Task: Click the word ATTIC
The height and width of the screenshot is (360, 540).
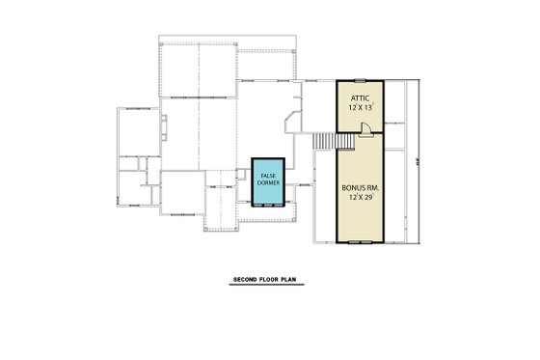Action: (360, 97)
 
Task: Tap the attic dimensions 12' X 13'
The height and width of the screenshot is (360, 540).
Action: (360, 108)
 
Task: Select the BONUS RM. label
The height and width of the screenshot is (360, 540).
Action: (360, 187)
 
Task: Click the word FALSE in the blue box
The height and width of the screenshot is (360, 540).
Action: (267, 175)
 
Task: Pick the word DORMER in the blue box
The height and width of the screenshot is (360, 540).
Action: (267, 182)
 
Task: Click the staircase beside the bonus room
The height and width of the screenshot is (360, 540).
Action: (324, 143)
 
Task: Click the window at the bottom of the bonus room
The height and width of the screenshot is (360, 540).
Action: (360, 240)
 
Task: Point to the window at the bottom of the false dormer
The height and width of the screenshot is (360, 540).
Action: (267, 204)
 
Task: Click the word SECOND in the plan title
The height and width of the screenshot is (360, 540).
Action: (245, 282)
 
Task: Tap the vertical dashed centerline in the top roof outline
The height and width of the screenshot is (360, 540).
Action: (198, 68)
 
